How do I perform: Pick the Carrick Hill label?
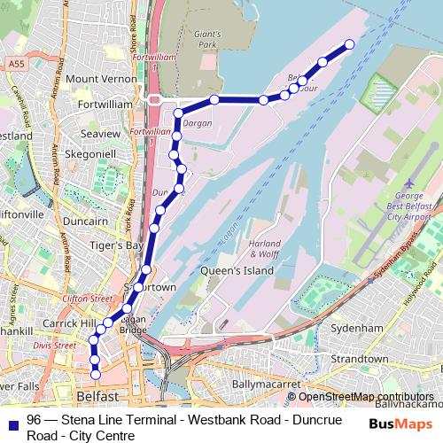tap(74, 324)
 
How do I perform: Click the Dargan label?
tap(198, 124)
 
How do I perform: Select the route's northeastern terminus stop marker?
tap(349, 44)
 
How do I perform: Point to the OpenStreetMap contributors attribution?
tap(366, 396)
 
